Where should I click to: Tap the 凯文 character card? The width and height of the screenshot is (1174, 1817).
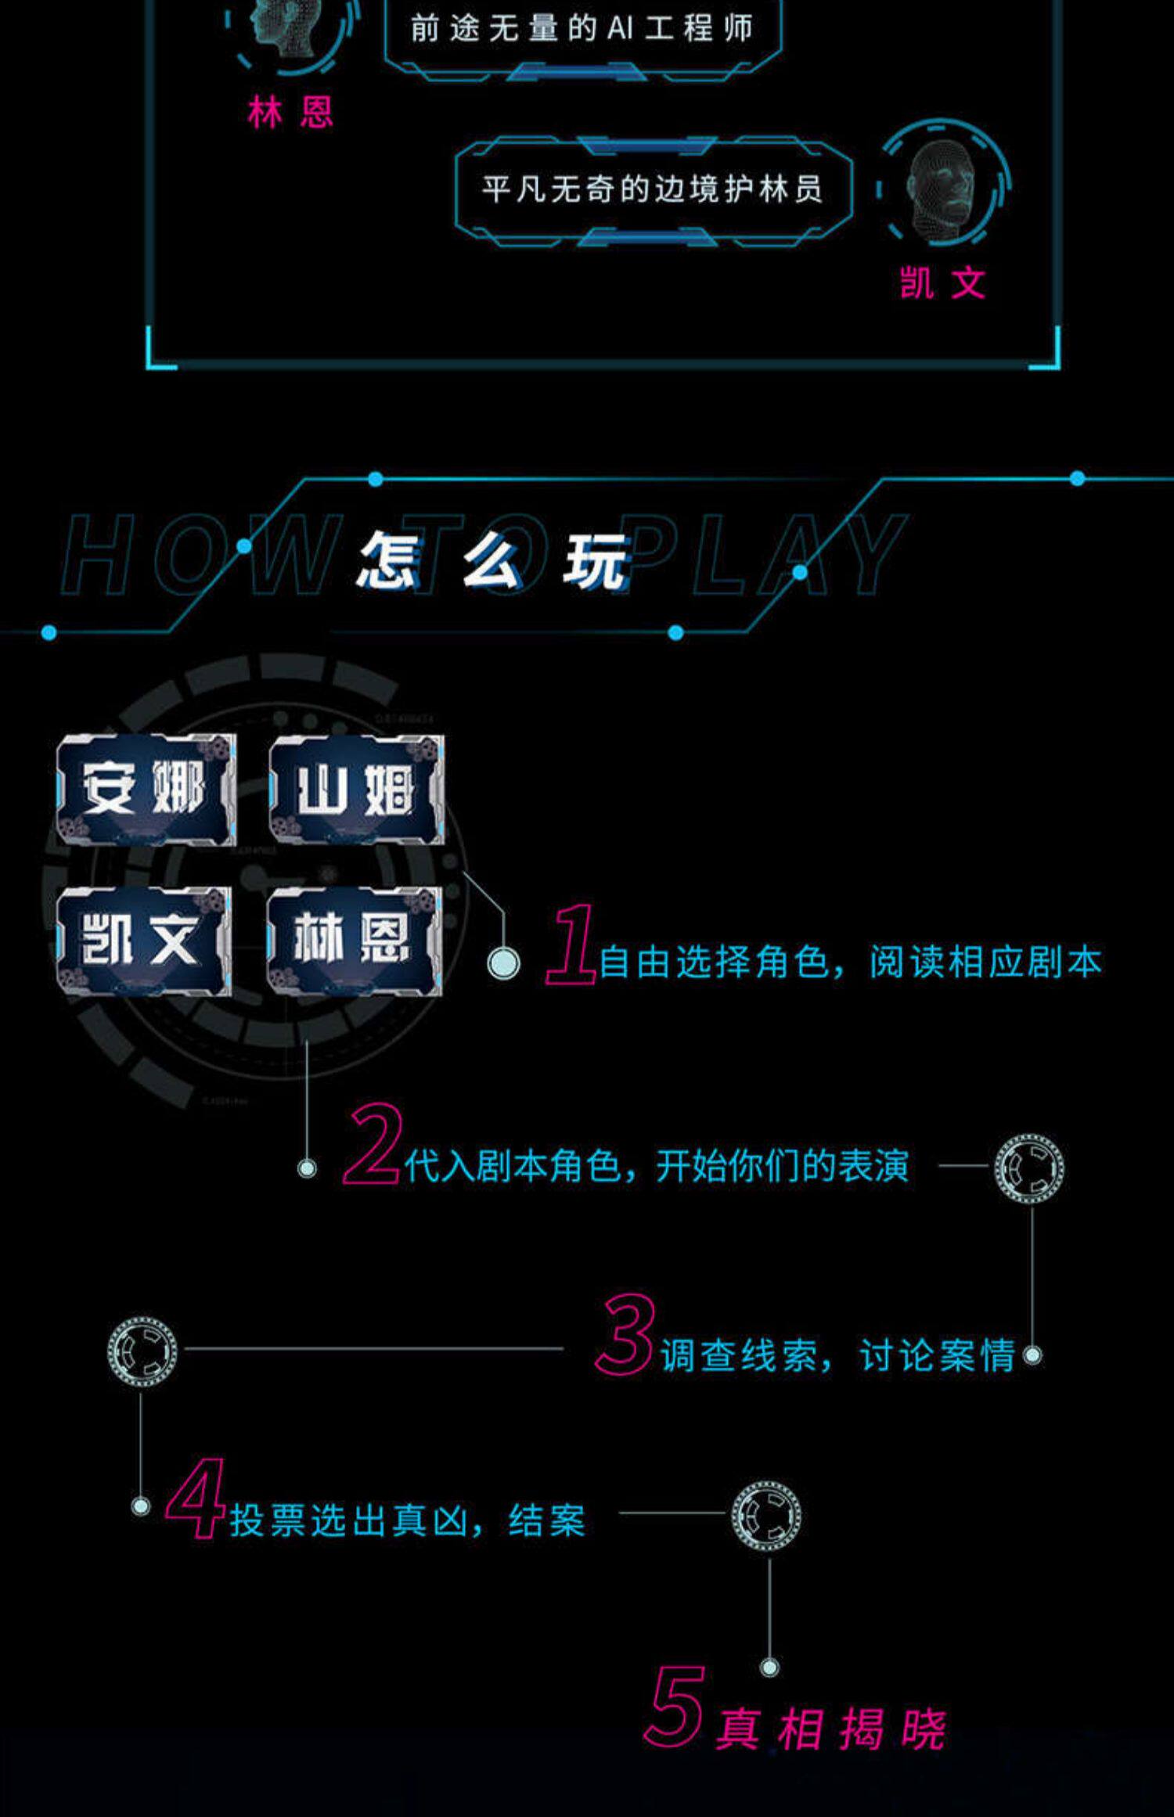[x=144, y=941]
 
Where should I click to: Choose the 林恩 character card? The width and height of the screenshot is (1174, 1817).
[x=354, y=941]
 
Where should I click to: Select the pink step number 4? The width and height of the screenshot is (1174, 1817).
[x=196, y=1499]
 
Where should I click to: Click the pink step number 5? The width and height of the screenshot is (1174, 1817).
[x=675, y=1707]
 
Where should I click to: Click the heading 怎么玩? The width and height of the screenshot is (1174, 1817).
[x=493, y=560]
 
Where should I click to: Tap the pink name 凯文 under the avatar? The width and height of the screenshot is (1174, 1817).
[x=942, y=283]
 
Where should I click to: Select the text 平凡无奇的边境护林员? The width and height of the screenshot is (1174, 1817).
[x=653, y=189]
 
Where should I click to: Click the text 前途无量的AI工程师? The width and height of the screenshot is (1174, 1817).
[x=582, y=30]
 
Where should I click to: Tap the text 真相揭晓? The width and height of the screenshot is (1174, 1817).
[x=831, y=1729]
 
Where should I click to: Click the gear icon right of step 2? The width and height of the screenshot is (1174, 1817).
[x=1029, y=1168]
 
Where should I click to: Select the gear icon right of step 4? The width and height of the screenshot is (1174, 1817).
[x=766, y=1515]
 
